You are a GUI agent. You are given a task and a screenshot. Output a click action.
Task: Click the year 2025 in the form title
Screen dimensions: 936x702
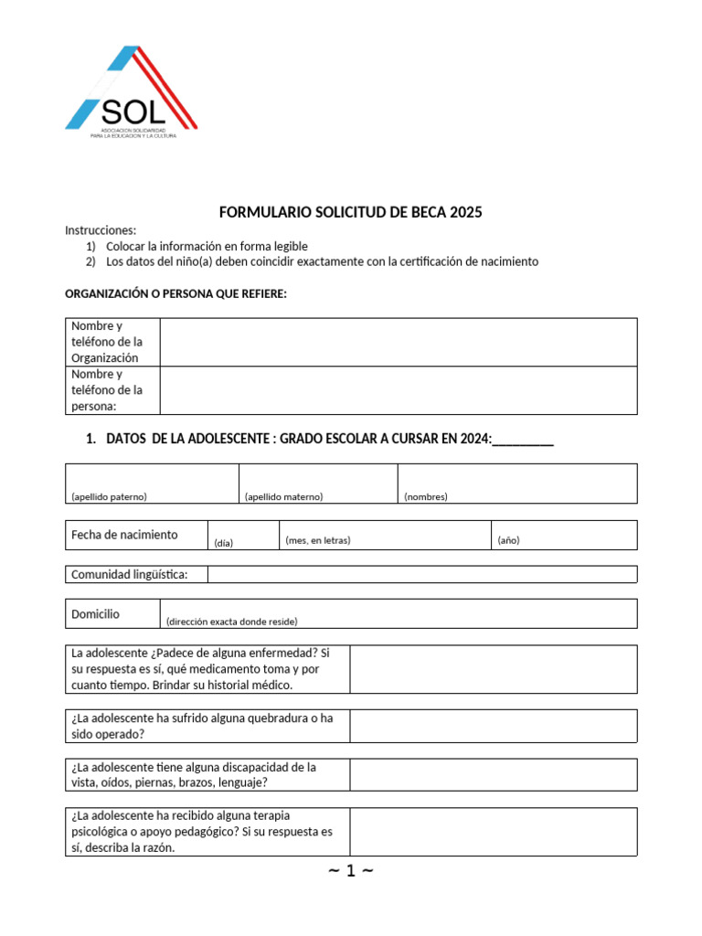click(465, 213)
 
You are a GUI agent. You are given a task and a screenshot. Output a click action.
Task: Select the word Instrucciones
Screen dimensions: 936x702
click(101, 229)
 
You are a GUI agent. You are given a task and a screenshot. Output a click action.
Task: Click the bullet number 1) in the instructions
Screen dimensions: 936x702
click(90, 246)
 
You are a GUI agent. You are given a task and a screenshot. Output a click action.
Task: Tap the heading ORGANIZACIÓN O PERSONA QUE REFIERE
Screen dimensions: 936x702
click(176, 293)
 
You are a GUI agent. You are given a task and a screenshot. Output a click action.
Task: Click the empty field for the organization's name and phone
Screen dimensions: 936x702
click(398, 342)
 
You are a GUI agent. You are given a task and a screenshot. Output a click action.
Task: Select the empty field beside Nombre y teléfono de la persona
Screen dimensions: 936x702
click(398, 390)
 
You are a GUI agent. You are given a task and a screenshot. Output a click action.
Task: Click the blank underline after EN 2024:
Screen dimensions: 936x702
click(523, 440)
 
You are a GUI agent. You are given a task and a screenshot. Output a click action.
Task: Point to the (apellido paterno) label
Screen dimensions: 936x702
click(109, 496)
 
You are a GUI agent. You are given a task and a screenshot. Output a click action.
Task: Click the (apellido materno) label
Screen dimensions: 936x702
click(284, 496)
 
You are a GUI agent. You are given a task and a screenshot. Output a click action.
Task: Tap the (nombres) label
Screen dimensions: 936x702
click(426, 496)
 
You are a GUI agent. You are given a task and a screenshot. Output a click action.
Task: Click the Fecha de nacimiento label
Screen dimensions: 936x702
click(124, 535)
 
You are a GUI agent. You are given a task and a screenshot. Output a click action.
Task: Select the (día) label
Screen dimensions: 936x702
click(224, 543)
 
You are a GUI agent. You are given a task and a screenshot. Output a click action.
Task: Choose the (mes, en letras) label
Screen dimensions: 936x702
click(318, 540)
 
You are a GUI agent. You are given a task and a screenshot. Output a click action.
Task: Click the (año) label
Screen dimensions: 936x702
click(509, 540)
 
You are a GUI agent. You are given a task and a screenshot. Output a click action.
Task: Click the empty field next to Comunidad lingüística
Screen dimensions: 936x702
click(421, 574)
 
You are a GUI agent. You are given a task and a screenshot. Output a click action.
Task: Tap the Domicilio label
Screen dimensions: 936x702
click(96, 614)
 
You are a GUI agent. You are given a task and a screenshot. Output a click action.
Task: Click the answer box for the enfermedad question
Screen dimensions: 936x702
click(493, 669)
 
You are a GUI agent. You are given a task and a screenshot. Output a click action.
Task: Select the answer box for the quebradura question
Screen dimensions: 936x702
click(493, 726)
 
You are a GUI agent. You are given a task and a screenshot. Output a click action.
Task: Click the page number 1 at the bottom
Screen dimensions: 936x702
click(350, 871)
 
